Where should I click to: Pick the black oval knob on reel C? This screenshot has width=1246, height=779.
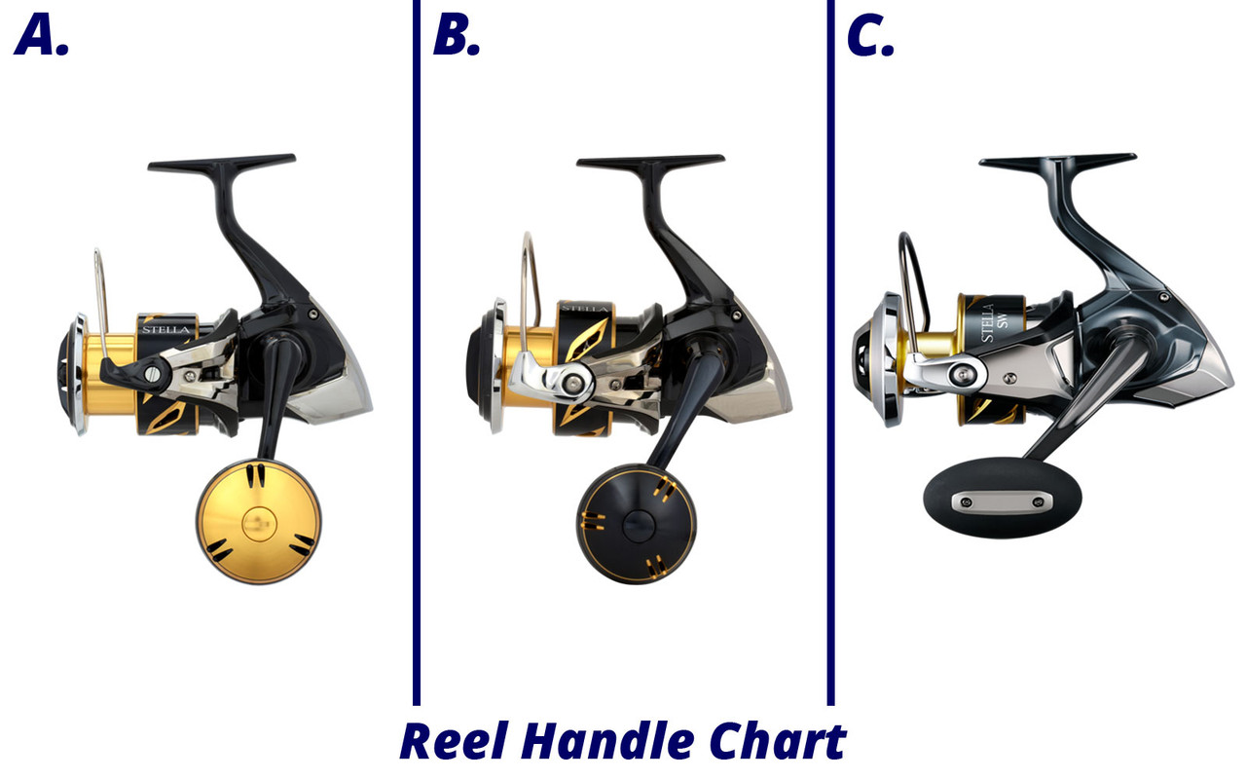point(1002,501)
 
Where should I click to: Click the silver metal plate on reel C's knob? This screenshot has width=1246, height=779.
point(1002,502)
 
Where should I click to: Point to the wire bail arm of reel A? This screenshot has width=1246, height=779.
point(99,282)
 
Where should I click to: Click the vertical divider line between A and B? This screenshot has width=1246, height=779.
point(417,351)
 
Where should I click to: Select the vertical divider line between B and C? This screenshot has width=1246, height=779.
point(830,351)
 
